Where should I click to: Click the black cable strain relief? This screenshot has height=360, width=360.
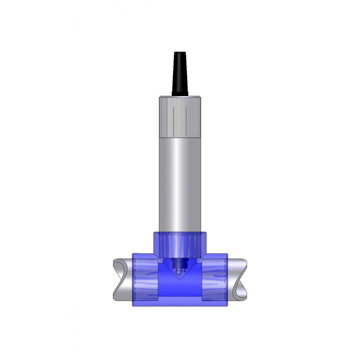click(180, 76)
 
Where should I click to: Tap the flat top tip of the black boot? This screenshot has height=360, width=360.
click(180, 53)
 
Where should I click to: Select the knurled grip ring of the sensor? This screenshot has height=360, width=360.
click(180, 117)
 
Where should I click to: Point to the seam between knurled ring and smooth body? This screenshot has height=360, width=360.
click(180, 138)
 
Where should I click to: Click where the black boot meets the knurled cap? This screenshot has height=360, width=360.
click(180, 96)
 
